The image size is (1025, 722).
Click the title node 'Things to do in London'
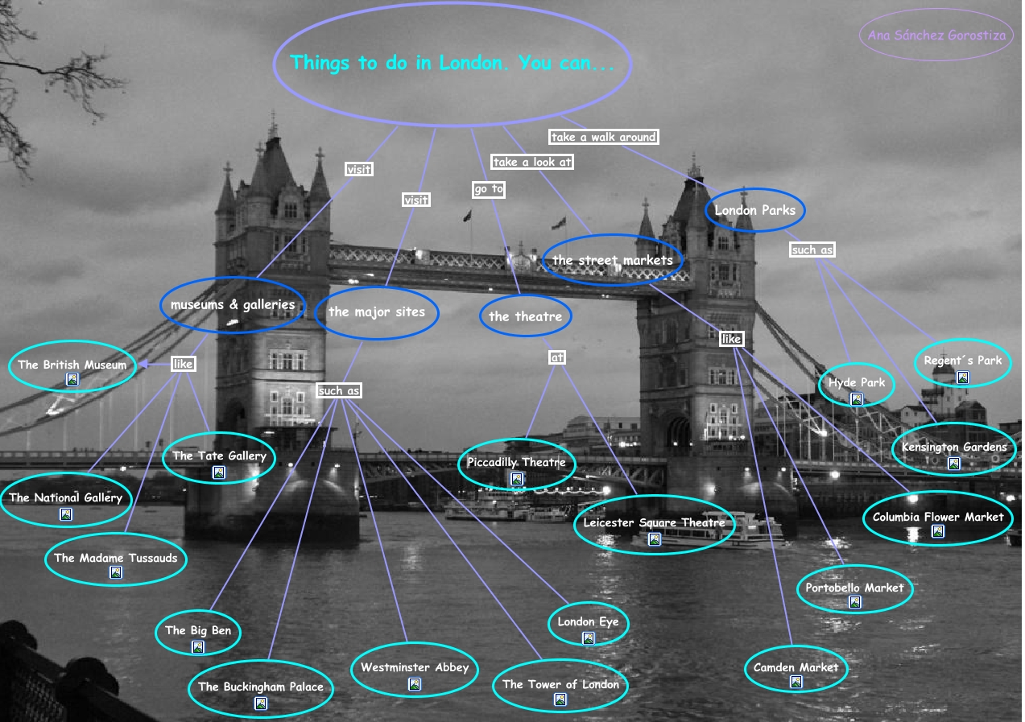[452, 63]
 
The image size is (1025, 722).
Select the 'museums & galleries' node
[232, 305]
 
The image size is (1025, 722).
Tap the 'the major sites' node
[376, 311]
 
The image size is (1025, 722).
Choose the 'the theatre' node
[525, 316]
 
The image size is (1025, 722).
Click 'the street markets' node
[612, 260]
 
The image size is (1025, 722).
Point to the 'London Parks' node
[754, 211]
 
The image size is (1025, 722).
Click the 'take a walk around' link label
[603, 137]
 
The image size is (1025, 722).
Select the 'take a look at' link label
[532, 162]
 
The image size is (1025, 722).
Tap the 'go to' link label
[489, 189]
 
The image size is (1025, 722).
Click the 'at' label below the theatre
[556, 357]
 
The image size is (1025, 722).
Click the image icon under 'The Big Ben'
[198, 646]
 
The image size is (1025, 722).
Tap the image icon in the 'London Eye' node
[588, 638]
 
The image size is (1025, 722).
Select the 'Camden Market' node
[796, 667]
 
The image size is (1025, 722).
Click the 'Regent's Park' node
[962, 361]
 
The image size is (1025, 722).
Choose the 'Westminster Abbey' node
[414, 667]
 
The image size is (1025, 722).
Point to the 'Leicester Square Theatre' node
[654, 523]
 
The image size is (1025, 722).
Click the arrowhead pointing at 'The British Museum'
[143, 365]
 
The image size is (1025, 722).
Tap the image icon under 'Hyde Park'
[856, 398]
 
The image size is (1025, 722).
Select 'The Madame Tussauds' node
[115, 559]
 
